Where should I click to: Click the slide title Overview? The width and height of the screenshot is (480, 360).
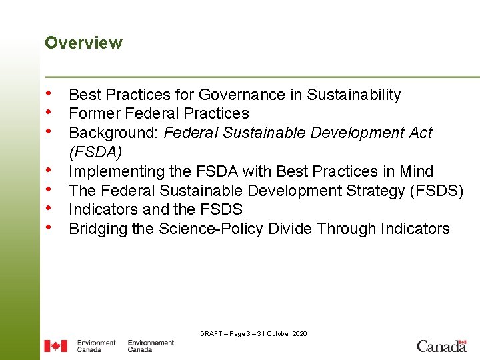[83, 43]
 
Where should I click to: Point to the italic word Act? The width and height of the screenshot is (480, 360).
[419, 133]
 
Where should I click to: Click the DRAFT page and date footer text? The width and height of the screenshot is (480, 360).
[253, 333]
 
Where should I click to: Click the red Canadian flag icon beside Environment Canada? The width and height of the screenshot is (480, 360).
[55, 346]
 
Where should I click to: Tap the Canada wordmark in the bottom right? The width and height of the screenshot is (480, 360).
[441, 345]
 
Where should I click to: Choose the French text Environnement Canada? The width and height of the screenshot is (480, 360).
[151, 346]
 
